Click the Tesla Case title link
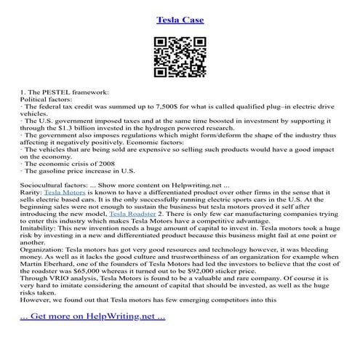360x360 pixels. coord(180,19)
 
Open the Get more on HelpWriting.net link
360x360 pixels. coord(92,337)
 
